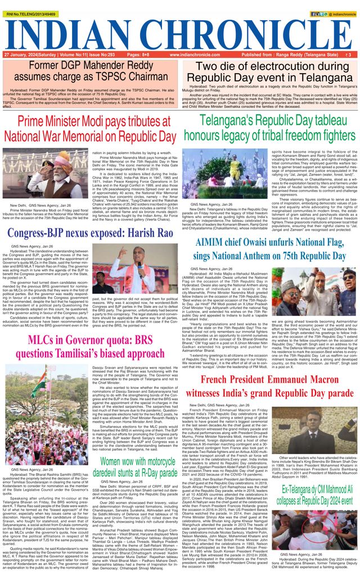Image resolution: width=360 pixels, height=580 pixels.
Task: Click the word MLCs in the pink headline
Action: (45, 325)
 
